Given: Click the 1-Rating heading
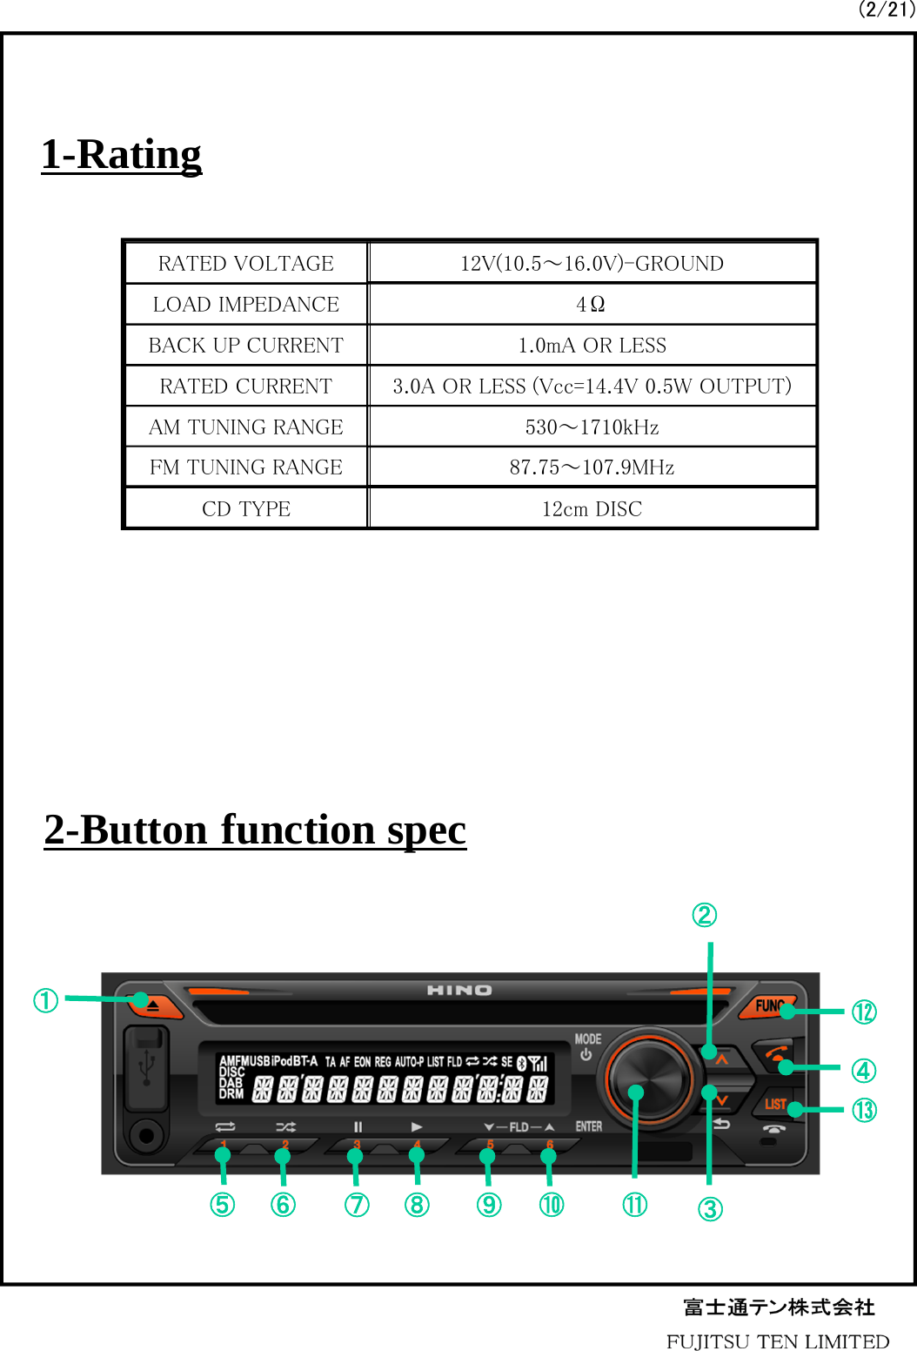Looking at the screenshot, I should (121, 155).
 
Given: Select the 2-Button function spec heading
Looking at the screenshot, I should (255, 830).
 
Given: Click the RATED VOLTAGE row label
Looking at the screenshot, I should (246, 264).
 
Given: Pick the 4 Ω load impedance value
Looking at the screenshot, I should (591, 305).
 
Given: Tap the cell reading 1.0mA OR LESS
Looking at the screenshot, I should (592, 346).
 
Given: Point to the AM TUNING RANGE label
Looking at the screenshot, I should (246, 427).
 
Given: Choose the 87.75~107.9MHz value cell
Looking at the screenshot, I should (592, 467).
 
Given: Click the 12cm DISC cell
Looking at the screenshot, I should (592, 509).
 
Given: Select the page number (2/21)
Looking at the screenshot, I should (886, 10).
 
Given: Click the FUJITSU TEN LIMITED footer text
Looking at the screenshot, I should (778, 1341).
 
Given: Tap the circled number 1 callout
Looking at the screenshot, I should (46, 1000).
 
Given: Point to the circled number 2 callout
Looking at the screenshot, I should (704, 915).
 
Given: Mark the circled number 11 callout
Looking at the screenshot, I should (635, 1205).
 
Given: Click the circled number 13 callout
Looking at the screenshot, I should (864, 1110).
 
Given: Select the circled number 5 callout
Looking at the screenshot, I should (223, 1205).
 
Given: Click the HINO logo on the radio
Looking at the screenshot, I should (459, 991).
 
